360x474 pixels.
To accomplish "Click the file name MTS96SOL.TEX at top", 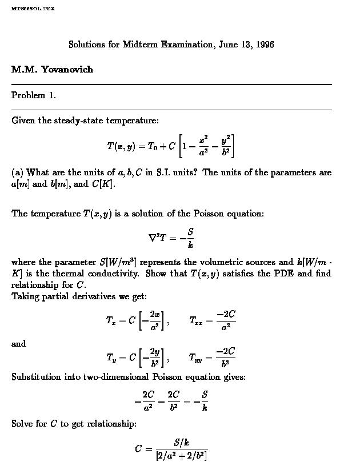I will [33, 9].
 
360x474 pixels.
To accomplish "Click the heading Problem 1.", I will [34, 95].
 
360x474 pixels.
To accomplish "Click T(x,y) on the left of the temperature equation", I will [121, 146].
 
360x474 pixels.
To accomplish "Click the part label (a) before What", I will [17, 172].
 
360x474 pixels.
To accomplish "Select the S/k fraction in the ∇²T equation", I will [190, 239].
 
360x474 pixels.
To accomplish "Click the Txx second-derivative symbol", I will [196, 321].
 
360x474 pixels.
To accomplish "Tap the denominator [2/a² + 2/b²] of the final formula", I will [182, 456].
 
